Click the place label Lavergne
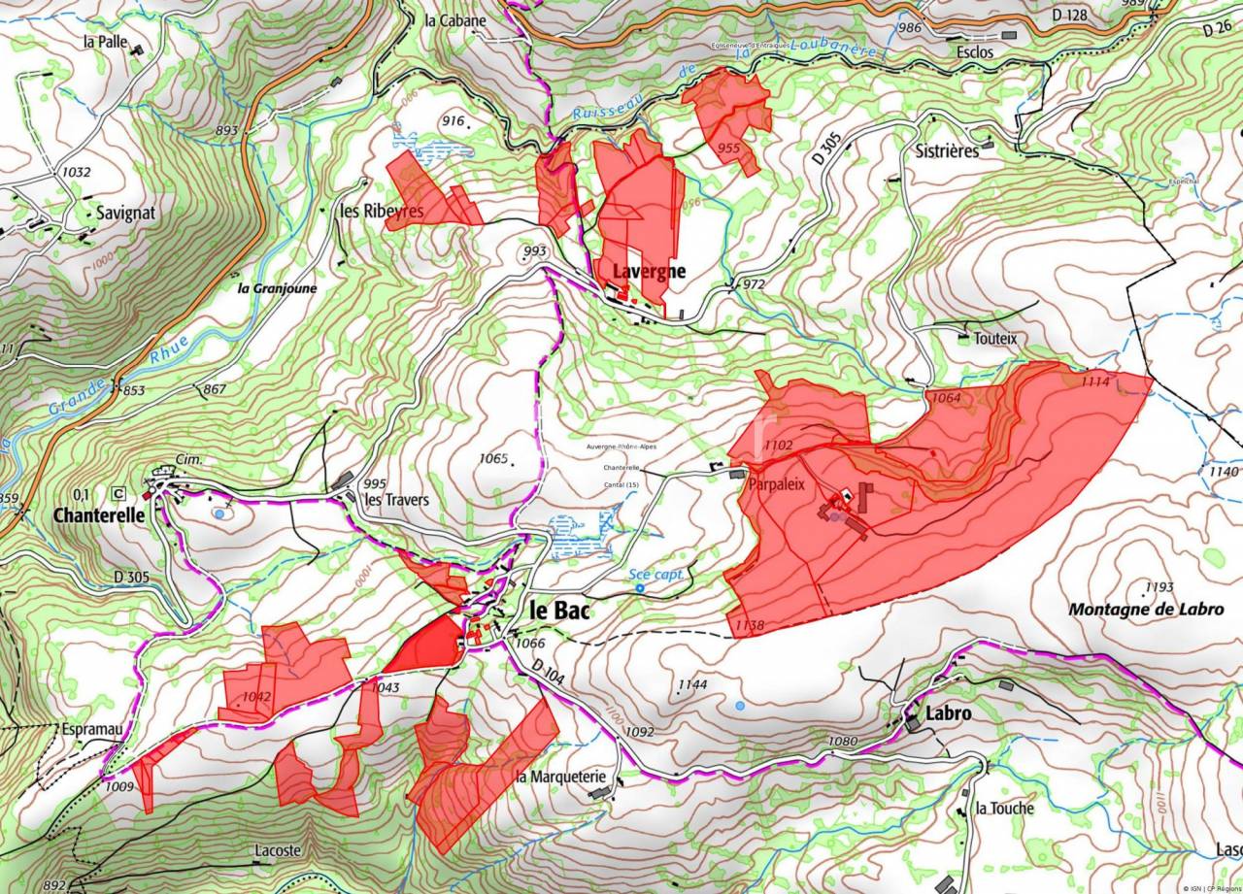(648, 272)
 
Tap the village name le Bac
(560, 611)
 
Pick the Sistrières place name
(947, 151)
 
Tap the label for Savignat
(125, 212)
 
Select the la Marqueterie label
(561, 777)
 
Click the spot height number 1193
(1159, 587)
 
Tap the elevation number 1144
(692, 684)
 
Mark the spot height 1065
(493, 458)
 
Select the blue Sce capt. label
(657, 575)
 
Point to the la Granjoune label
(277, 288)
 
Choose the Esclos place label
(974, 52)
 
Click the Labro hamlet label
(949, 713)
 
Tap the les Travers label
(396, 501)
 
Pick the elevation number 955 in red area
(728, 148)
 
